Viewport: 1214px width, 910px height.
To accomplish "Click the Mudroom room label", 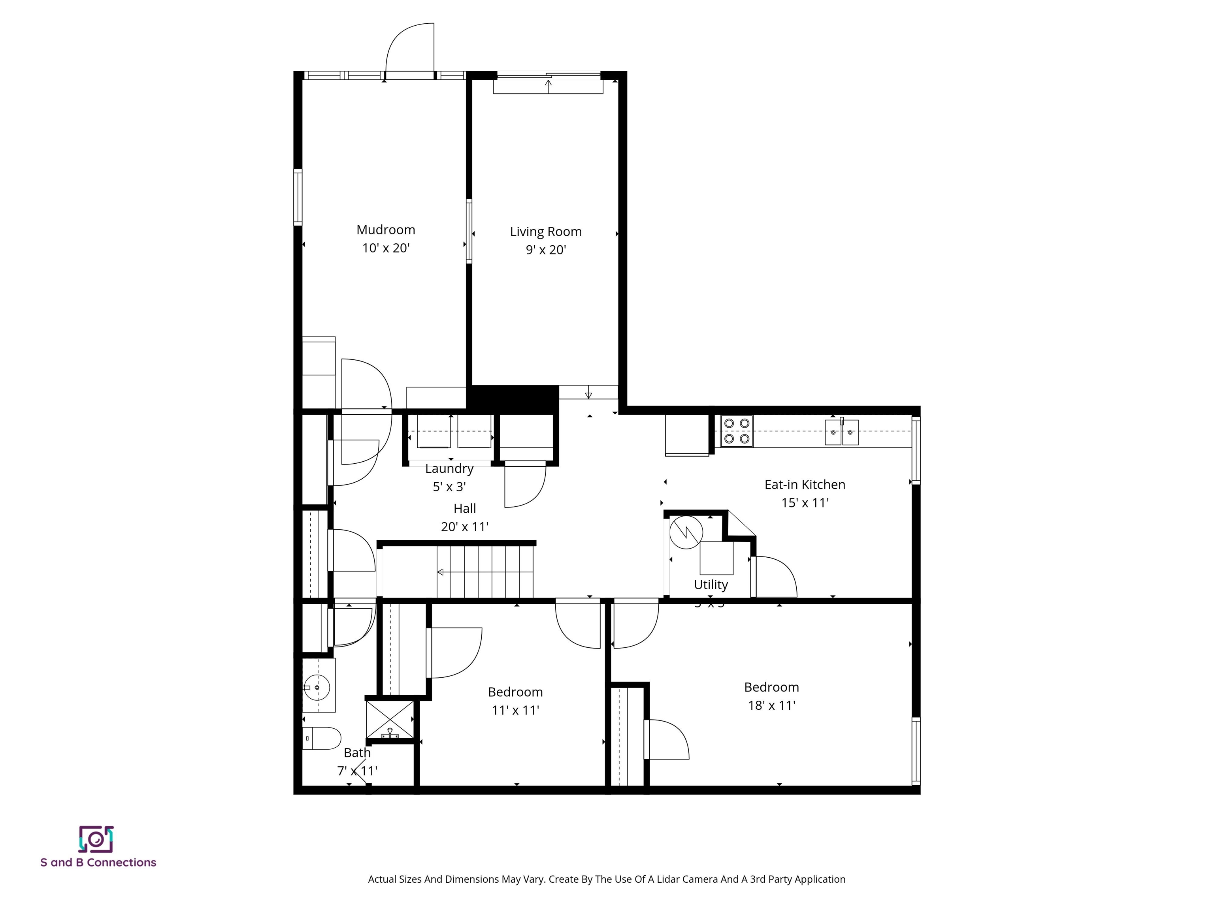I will [385, 230].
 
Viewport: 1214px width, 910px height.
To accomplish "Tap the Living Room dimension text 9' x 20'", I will [545, 250].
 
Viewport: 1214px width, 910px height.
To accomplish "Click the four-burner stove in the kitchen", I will [737, 431].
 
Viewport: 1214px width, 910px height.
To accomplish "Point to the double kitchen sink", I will [841, 432].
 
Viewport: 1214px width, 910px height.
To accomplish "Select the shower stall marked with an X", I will [390, 719].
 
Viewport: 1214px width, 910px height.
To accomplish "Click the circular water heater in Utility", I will [686, 532].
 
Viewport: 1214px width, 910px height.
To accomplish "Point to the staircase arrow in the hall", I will [441, 573].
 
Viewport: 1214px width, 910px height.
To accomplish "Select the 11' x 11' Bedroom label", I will [515, 692].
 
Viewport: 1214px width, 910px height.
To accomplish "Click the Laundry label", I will [449, 468].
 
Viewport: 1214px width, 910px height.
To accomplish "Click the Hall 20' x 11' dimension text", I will [464, 526].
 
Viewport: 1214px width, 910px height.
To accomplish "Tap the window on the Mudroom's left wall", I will [298, 197].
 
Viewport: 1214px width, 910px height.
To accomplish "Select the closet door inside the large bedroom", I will [666, 739].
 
